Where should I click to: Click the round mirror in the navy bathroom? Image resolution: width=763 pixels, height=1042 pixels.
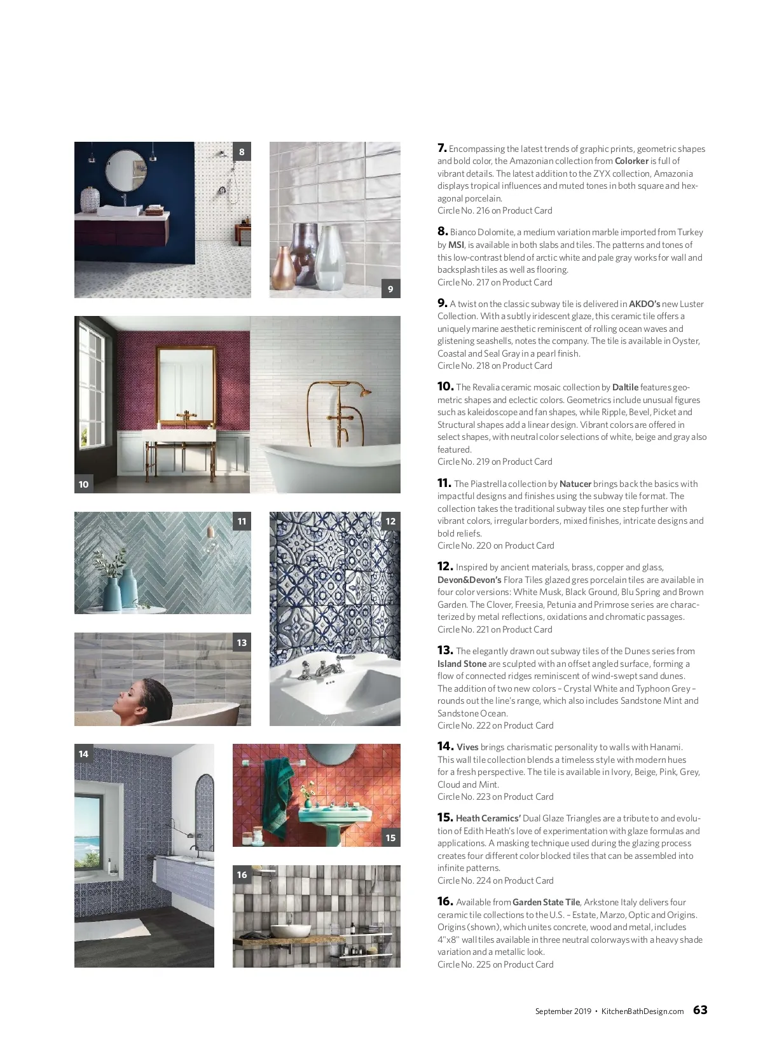pyautogui.click(x=126, y=170)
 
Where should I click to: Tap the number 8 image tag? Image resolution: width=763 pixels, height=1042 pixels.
pyautogui.click(x=242, y=152)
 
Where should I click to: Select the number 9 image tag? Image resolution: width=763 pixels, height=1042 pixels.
pyautogui.click(x=390, y=289)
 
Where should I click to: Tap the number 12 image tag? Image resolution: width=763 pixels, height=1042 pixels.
pyautogui.click(x=390, y=521)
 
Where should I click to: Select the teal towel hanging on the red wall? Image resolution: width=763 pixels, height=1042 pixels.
pyautogui.click(x=278, y=795)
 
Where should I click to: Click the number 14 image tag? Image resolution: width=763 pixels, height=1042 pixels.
pyautogui.click(x=84, y=754)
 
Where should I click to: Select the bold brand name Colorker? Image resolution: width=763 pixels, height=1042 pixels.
pyautogui.click(x=631, y=161)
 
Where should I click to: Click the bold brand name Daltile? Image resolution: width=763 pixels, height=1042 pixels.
pyautogui.click(x=625, y=387)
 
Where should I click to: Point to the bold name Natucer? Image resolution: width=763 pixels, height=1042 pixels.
pyautogui.click(x=575, y=484)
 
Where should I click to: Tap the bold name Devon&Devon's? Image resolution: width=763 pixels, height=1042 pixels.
pyautogui.click(x=469, y=580)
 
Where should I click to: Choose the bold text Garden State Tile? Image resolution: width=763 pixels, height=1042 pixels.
pyautogui.click(x=546, y=902)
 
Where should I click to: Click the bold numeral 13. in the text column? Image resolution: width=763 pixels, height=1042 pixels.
pyautogui.click(x=445, y=650)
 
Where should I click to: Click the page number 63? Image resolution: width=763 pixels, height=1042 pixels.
pyautogui.click(x=700, y=1010)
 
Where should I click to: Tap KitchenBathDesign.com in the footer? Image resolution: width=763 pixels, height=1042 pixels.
pyautogui.click(x=642, y=1011)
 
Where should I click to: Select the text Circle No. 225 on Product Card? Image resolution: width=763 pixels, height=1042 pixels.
pyautogui.click(x=495, y=964)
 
